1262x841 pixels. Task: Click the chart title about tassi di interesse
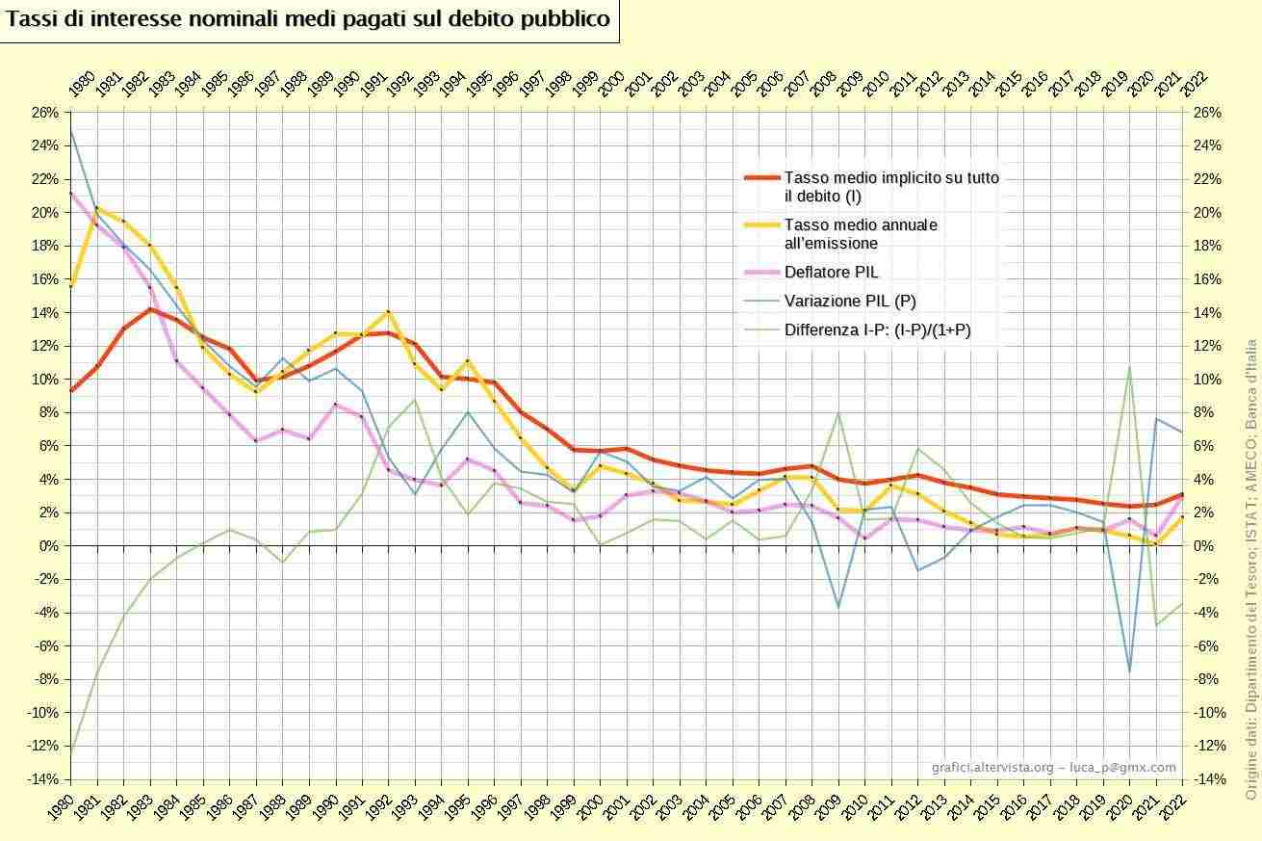point(308,20)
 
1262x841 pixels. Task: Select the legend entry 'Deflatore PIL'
point(831,273)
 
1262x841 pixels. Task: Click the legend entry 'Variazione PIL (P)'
point(849,301)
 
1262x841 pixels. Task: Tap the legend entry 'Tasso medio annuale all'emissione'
point(861,234)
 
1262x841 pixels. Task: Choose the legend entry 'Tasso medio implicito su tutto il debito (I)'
point(890,187)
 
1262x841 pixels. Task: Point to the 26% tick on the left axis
point(46,113)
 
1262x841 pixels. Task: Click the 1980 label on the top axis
point(81,84)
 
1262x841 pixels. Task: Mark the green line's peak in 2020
point(1129,366)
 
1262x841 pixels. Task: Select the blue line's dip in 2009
point(838,607)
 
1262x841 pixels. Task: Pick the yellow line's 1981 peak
point(97,207)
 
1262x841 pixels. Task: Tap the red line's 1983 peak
point(150,308)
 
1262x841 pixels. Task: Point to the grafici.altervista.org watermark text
point(1053,767)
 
